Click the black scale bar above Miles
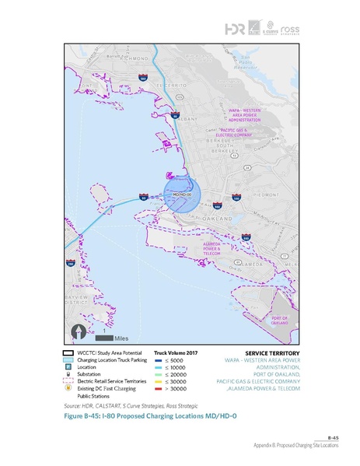tap(105, 338)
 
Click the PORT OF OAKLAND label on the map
tap(279, 321)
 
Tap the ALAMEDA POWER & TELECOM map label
tap(212, 249)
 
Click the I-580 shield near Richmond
tap(142, 77)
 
